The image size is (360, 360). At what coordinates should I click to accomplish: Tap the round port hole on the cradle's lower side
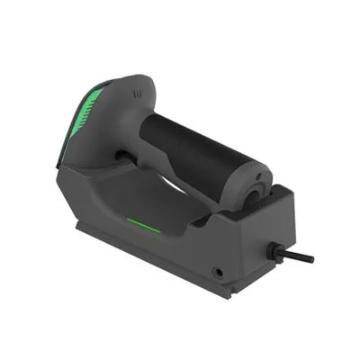(x=217, y=269)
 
